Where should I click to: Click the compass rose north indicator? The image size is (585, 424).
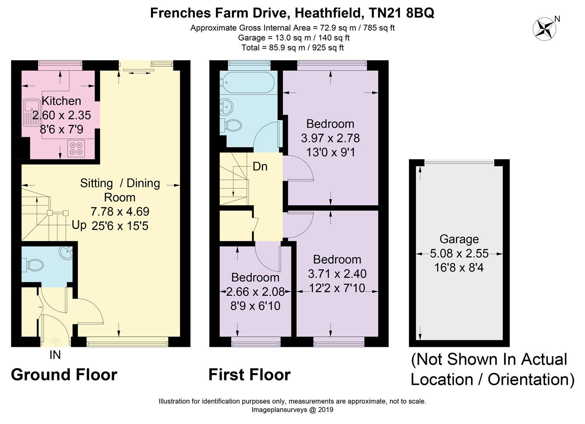click(x=544, y=29)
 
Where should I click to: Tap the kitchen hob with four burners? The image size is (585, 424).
click(x=76, y=149)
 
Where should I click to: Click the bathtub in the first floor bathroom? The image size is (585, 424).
click(x=247, y=82)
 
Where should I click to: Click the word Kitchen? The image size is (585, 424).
click(x=61, y=101)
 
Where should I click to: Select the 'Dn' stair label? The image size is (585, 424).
click(x=260, y=166)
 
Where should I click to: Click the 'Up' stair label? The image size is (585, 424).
click(x=79, y=225)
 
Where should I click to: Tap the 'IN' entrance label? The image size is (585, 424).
click(x=55, y=355)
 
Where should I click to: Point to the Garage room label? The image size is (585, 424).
click(x=459, y=239)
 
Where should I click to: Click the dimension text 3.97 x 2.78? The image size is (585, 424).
click(x=330, y=138)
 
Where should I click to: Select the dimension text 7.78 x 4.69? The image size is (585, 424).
click(x=120, y=211)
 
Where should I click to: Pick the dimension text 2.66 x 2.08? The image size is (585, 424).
click(x=255, y=292)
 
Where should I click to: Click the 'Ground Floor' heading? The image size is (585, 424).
click(x=64, y=375)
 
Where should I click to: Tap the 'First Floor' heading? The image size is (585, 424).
click(x=250, y=375)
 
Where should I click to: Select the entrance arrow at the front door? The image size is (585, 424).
click(x=56, y=342)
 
